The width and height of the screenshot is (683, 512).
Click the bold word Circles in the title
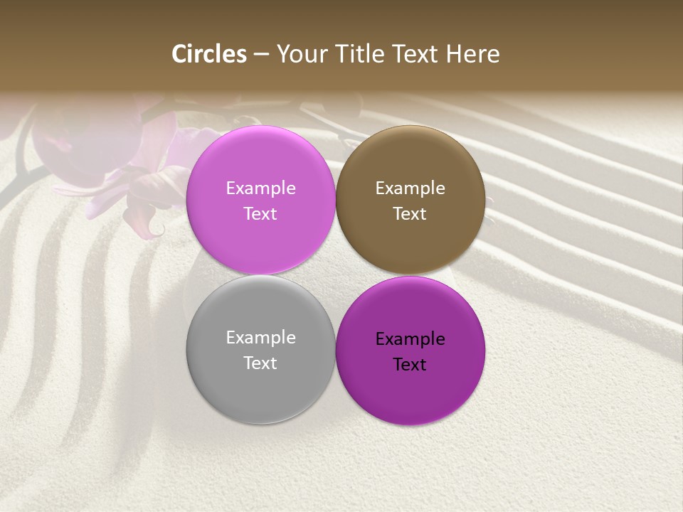pos(209,54)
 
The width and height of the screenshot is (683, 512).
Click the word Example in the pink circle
pos(260,188)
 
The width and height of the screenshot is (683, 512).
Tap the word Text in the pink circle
pos(260,213)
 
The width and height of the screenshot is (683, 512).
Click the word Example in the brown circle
pos(410,188)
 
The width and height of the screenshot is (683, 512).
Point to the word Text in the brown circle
pos(410,213)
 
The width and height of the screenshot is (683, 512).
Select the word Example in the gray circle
pos(260,337)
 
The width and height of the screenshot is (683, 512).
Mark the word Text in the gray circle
pos(260,363)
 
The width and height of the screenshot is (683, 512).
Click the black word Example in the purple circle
pos(410,338)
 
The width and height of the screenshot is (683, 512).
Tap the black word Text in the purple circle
pos(410,364)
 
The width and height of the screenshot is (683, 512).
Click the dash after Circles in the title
pos(260,55)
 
